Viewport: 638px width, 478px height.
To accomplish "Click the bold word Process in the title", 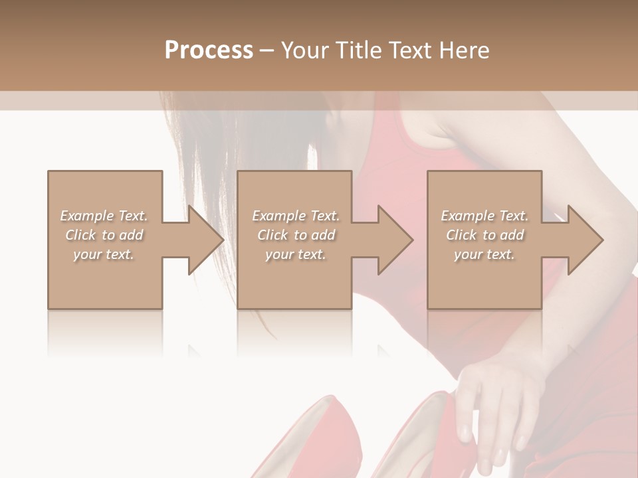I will pos(209,50).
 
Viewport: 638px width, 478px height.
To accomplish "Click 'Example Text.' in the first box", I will pos(104,216).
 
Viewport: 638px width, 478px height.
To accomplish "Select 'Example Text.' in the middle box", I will pos(296,216).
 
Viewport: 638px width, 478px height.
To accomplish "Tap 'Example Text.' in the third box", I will pos(484,216).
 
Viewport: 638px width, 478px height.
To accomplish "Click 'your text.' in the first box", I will pos(104,254).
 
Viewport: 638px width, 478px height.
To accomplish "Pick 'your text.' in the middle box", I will pos(296,254).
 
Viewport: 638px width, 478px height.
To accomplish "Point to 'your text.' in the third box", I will pos(484,254).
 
